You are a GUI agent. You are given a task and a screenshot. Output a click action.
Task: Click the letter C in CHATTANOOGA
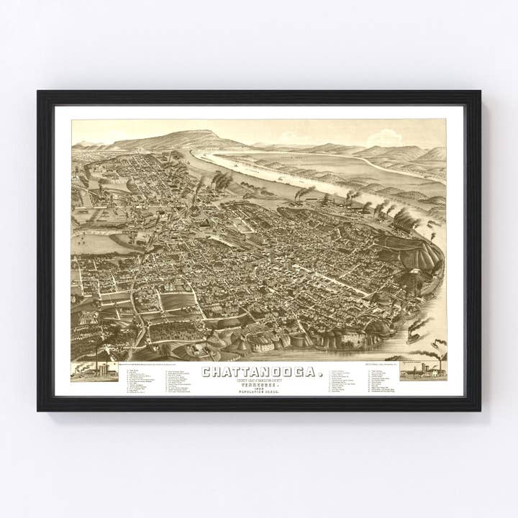pyautogui.click(x=206, y=372)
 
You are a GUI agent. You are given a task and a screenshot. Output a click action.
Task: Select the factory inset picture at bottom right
pyautogui.click(x=423, y=371)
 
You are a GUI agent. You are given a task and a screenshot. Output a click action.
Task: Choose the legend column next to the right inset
pyautogui.click(x=381, y=381)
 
